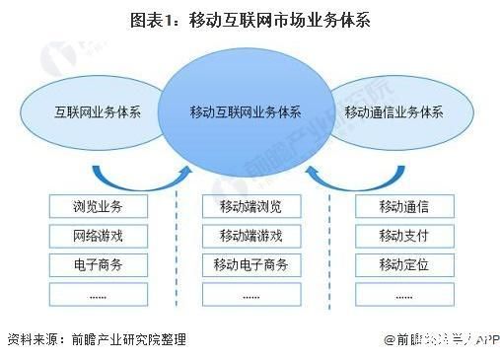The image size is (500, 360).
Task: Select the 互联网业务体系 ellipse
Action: [x=97, y=110]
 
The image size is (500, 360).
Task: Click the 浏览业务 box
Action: [x=98, y=207]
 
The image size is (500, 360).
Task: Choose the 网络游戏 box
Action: [x=98, y=236]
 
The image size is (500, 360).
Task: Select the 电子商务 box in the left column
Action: [x=98, y=264]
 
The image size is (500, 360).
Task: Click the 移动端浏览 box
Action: [x=250, y=207]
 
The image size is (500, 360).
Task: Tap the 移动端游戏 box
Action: [x=250, y=236]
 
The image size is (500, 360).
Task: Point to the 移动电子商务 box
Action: [x=250, y=264]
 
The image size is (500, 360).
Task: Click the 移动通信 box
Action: [x=402, y=207]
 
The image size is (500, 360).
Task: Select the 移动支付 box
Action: [x=402, y=236]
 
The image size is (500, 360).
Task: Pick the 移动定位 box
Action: [x=402, y=264]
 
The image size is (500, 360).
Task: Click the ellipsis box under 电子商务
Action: [x=98, y=293]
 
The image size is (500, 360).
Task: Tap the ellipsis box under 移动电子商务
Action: [x=250, y=293]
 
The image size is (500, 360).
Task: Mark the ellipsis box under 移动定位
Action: [x=402, y=293]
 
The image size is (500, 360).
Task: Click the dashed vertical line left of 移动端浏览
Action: [x=177, y=247]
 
